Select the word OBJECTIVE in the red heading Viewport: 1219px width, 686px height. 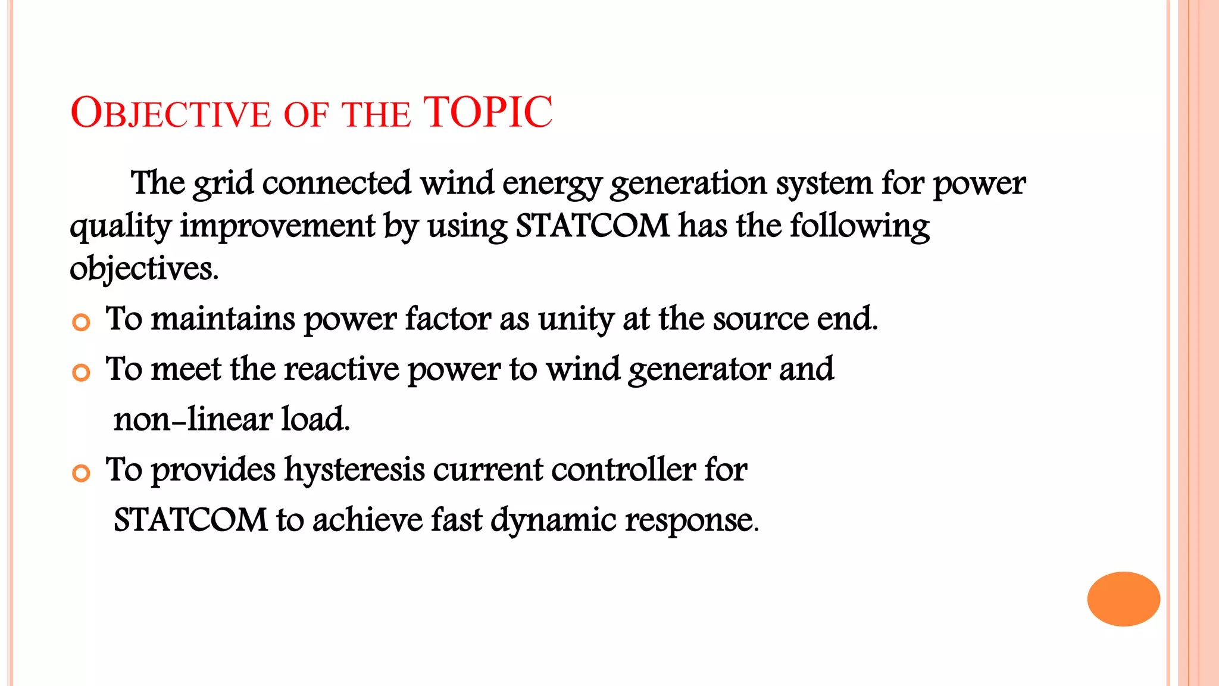tap(170, 113)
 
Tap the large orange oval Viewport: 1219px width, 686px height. tap(1123, 598)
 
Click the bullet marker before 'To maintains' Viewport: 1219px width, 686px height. tap(81, 322)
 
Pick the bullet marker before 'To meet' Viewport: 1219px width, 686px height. tap(81, 373)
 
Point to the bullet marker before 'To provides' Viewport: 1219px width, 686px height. tap(81, 473)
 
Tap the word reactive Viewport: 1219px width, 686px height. tap(341, 369)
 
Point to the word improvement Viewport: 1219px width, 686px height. tap(277, 226)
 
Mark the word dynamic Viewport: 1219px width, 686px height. tap(553, 520)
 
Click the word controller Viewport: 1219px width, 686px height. tap(623, 469)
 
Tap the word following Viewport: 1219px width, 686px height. tap(859, 226)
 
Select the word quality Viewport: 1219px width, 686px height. tap(120, 226)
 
